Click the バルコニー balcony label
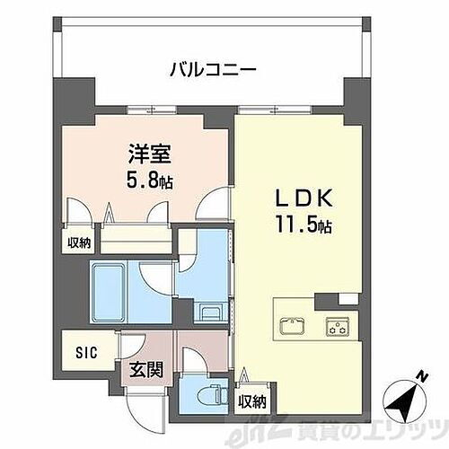[x=213, y=68]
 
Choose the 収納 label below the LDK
[x=251, y=401]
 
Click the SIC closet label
[x=77, y=349]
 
